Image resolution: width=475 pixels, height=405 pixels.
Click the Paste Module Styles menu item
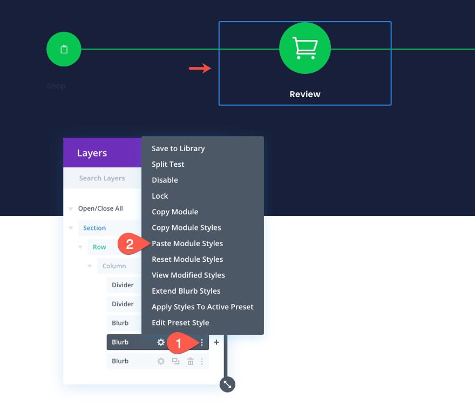[187, 244]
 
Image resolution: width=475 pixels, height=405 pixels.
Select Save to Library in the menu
[178, 148]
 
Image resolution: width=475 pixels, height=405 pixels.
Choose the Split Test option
[168, 164]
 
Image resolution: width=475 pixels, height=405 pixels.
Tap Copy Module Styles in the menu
[186, 227]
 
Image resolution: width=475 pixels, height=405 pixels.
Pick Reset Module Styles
[187, 259]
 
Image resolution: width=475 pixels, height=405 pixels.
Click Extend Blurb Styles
[186, 291]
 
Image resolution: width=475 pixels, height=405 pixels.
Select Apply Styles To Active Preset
[202, 307]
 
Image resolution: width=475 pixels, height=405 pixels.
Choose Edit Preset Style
[180, 322]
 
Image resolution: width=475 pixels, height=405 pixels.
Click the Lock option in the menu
[160, 196]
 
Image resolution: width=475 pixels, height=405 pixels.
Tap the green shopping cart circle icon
[305, 49]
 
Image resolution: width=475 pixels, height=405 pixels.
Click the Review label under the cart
[305, 94]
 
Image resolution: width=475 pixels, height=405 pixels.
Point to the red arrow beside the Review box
[199, 69]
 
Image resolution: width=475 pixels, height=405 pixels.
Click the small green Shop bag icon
[64, 50]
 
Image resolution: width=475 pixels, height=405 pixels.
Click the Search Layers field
[102, 178]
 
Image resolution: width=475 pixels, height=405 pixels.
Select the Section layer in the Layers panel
[94, 228]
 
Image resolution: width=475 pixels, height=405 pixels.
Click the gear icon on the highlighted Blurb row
[161, 342]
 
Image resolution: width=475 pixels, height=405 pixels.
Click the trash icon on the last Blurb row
[190, 361]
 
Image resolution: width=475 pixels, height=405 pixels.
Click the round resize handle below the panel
[227, 384]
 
